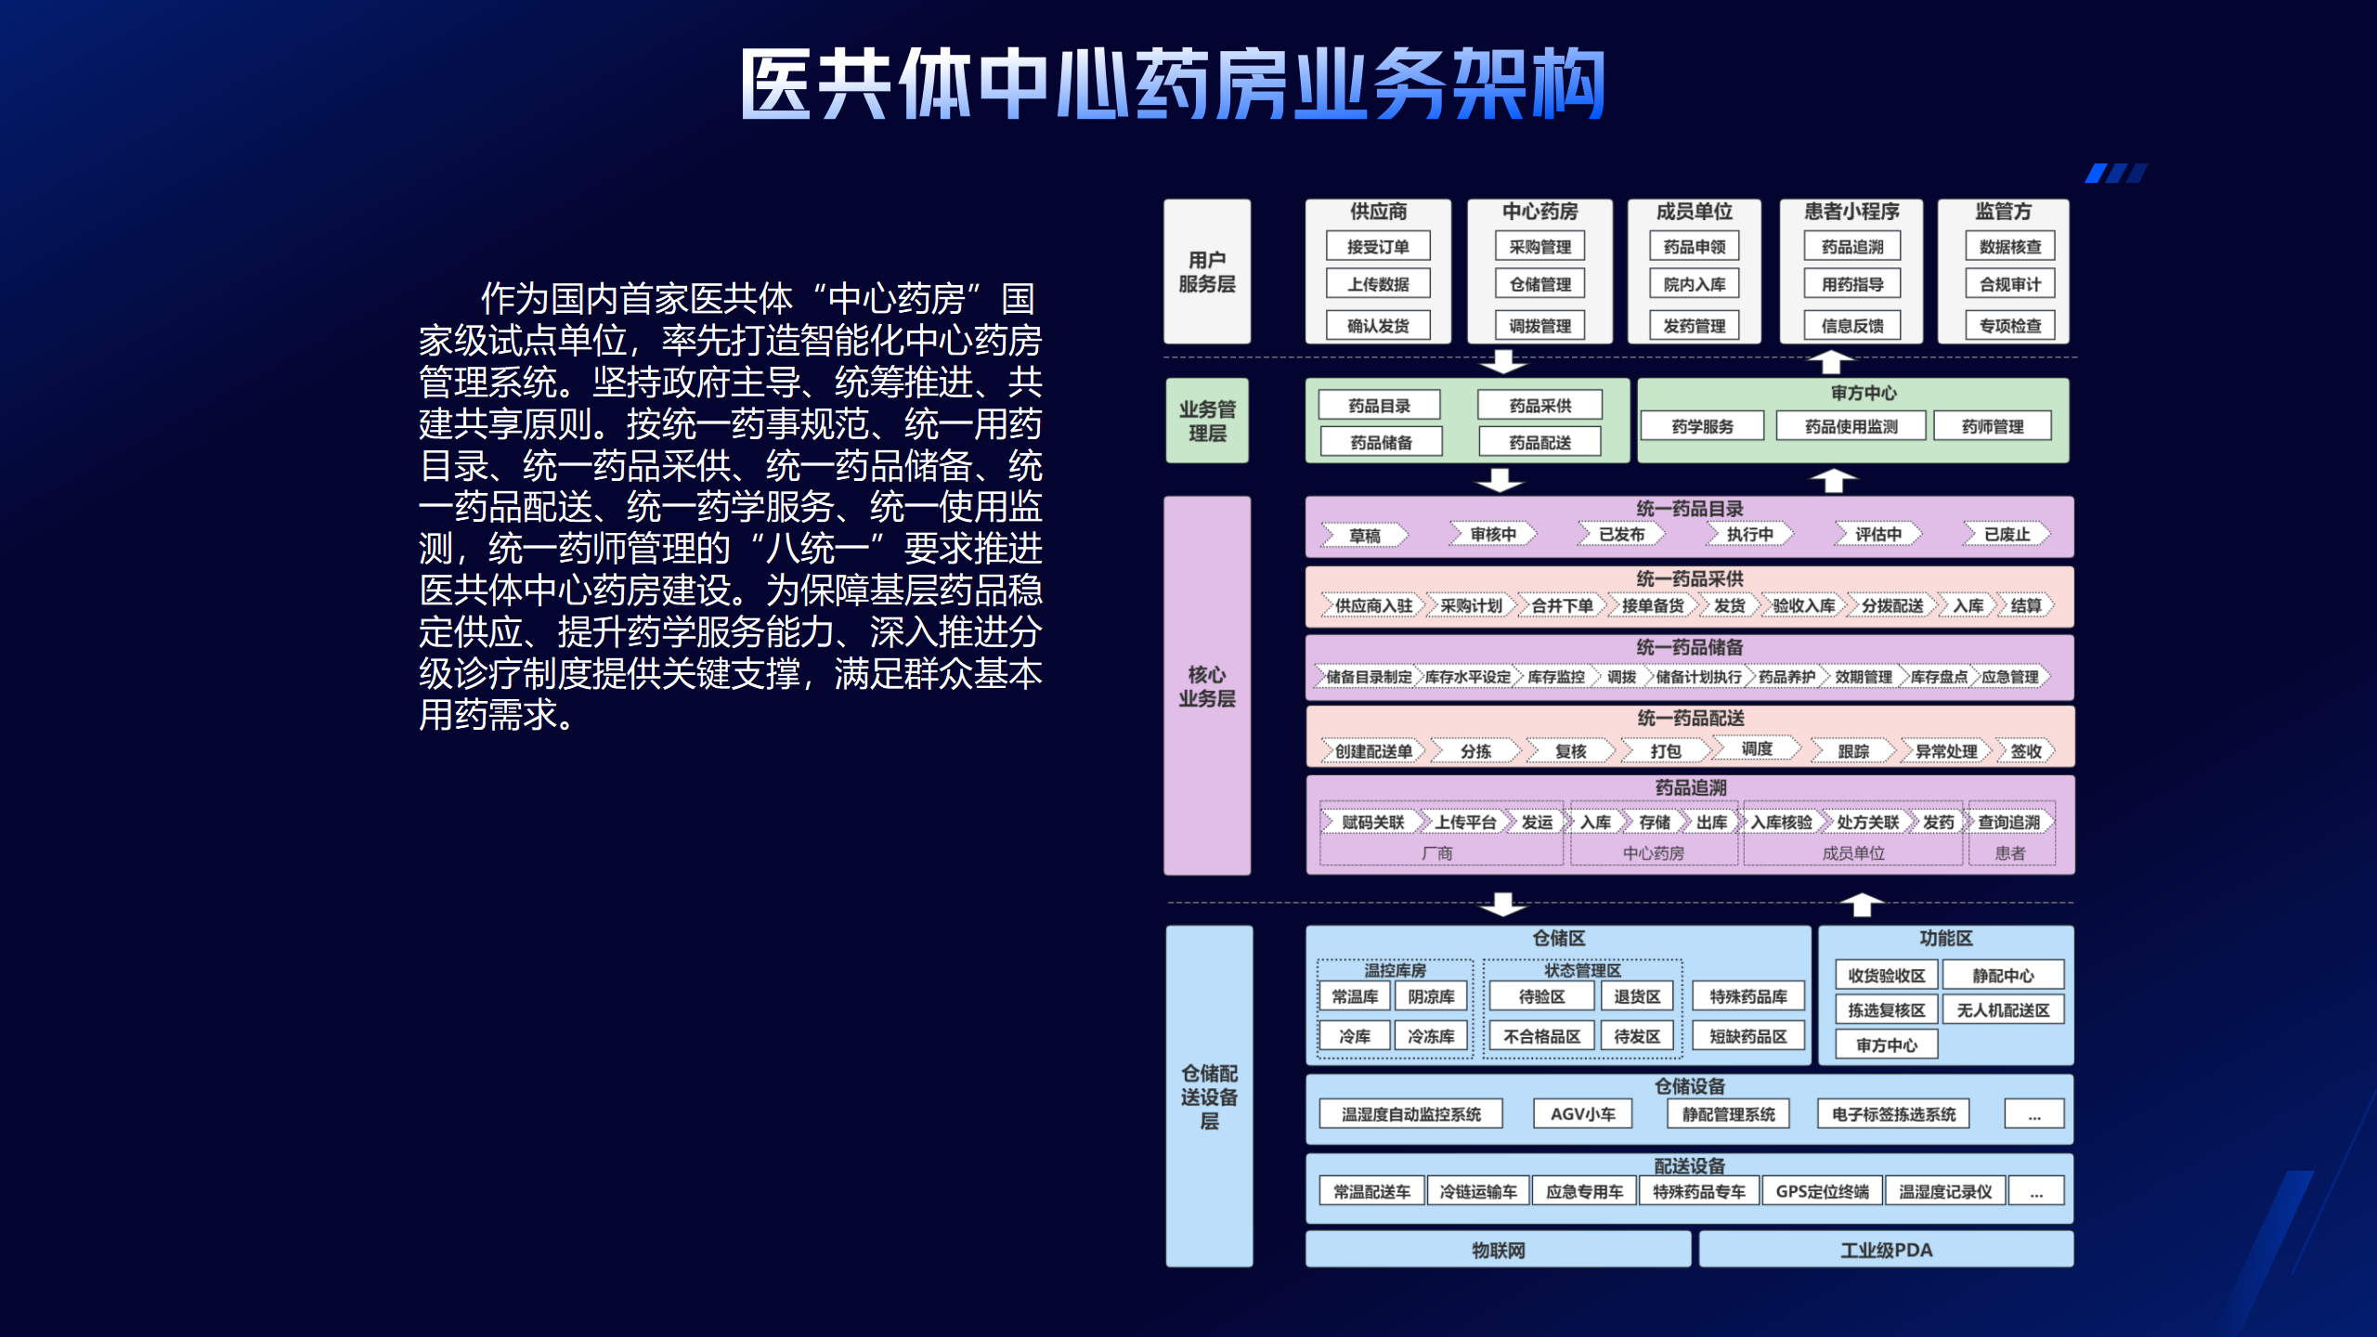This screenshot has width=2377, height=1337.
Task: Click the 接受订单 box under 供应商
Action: [1378, 247]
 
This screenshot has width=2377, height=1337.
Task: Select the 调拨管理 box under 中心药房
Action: [1539, 326]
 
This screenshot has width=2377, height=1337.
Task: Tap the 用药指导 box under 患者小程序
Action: [1851, 284]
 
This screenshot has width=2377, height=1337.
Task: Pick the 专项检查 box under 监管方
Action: [2009, 326]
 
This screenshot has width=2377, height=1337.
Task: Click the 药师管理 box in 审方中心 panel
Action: [1993, 426]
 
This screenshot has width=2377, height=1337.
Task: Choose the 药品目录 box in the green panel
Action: [1379, 406]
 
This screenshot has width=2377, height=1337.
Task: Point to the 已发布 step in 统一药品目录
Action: [1621, 535]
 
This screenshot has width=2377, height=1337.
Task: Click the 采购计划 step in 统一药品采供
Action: [1471, 605]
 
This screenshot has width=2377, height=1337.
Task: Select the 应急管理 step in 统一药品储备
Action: [2009, 677]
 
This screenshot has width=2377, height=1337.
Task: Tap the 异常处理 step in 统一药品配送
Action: [1945, 751]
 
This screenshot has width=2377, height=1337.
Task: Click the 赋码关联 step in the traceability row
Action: [1372, 823]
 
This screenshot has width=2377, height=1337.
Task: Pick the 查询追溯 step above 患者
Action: [2008, 823]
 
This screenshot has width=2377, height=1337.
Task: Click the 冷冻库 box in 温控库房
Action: [1431, 1036]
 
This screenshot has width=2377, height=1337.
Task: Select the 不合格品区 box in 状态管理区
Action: [1541, 1036]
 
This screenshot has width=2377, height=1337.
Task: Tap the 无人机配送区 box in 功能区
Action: [2003, 1010]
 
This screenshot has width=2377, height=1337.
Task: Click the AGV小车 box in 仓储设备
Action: [1582, 1114]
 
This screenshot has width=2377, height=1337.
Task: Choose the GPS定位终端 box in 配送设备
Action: [1822, 1191]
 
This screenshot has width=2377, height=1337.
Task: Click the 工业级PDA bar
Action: [1886, 1250]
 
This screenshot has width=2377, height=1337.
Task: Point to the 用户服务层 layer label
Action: [1206, 272]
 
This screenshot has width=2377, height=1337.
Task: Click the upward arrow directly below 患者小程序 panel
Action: [1831, 360]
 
